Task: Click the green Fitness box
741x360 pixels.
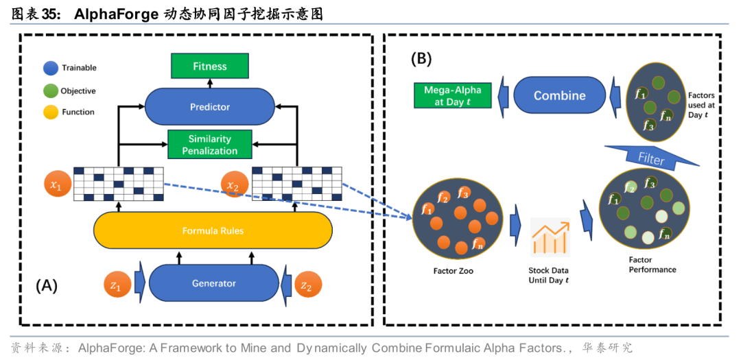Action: click(209, 67)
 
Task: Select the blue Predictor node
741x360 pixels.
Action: click(209, 107)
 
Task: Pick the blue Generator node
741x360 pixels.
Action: click(213, 283)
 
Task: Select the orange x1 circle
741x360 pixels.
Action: click(56, 186)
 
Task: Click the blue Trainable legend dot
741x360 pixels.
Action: click(50, 68)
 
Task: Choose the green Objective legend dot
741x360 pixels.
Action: click(50, 91)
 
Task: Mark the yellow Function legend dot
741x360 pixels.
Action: click(50, 112)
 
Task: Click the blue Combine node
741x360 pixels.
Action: click(559, 96)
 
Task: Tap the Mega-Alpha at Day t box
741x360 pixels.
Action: click(452, 96)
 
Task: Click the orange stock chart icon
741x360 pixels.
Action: click(550, 237)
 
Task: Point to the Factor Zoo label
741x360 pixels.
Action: click(454, 271)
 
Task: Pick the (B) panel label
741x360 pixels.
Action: click(421, 59)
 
